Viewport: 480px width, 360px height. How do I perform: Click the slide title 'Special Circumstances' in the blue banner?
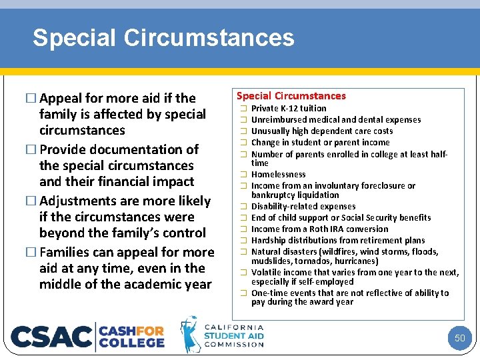(x=163, y=38)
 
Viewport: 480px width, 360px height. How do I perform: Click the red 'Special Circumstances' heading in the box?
(x=291, y=96)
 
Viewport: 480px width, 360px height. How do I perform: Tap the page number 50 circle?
(x=459, y=338)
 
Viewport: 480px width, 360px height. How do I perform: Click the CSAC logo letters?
(x=52, y=336)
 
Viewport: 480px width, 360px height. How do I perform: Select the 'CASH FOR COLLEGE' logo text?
(x=132, y=336)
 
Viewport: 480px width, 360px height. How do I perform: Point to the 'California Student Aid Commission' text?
(x=233, y=335)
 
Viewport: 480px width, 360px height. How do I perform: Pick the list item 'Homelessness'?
(x=278, y=175)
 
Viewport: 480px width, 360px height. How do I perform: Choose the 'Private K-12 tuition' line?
(x=289, y=109)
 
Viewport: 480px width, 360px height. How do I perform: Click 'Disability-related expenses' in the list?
(x=303, y=207)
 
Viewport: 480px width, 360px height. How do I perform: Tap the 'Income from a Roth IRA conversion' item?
(x=319, y=229)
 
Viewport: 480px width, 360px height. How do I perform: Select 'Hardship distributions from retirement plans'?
(x=338, y=241)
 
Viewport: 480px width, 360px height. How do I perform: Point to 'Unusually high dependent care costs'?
(x=322, y=131)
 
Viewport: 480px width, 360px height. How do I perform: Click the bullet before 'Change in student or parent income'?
(x=244, y=143)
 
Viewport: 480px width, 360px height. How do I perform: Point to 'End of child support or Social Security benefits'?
(x=341, y=218)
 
